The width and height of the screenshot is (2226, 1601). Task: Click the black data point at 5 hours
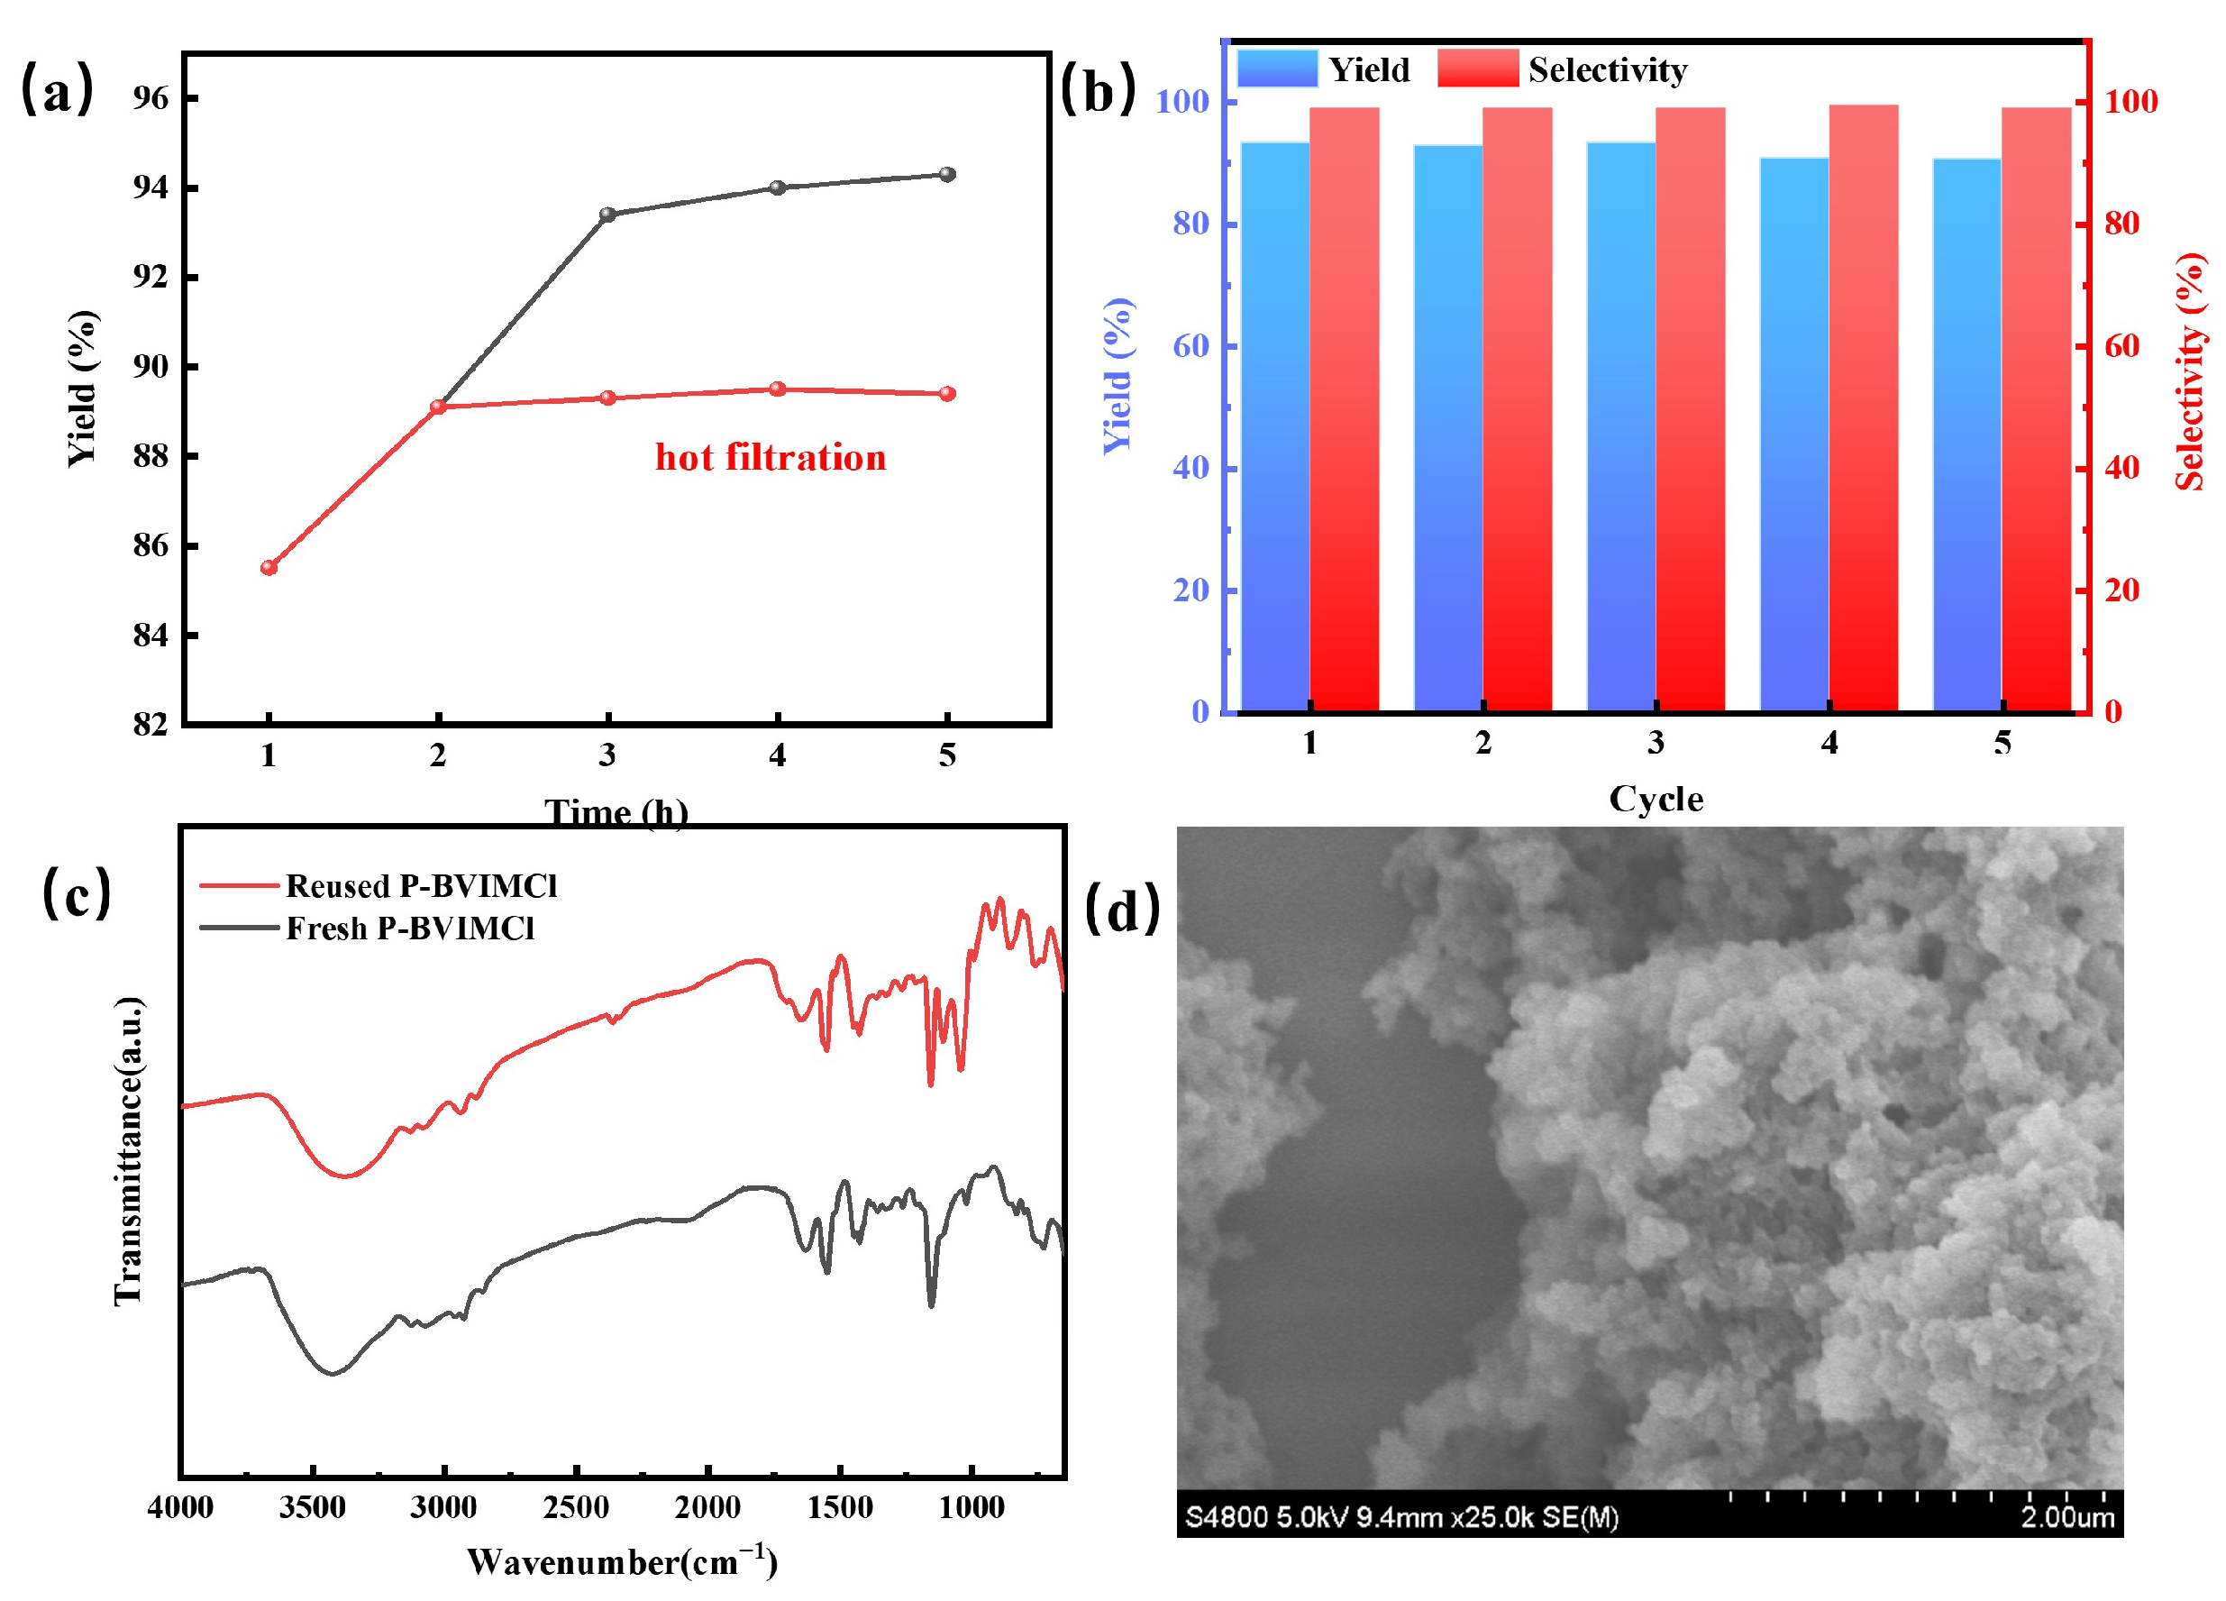click(947, 175)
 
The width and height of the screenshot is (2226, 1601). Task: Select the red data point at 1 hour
click(269, 567)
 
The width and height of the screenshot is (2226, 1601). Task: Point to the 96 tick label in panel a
click(151, 98)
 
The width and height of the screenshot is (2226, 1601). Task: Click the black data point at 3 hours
click(607, 214)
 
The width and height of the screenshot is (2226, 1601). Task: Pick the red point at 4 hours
click(778, 389)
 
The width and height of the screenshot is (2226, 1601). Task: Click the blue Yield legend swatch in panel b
click(1277, 69)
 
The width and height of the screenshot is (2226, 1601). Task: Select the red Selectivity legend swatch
click(1477, 69)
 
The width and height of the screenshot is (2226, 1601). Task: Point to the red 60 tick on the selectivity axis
click(2121, 345)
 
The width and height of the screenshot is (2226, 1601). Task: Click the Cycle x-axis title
click(1656, 799)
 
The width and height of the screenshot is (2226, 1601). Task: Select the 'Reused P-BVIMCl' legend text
click(421, 886)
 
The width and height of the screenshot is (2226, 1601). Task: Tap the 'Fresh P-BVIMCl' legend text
click(410, 929)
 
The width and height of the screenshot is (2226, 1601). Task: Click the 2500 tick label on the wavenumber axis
click(576, 1506)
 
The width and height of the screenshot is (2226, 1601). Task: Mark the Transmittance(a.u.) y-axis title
click(129, 1150)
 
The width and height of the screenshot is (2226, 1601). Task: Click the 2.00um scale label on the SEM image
click(2067, 1517)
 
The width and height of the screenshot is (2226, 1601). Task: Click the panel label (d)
click(1123, 909)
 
